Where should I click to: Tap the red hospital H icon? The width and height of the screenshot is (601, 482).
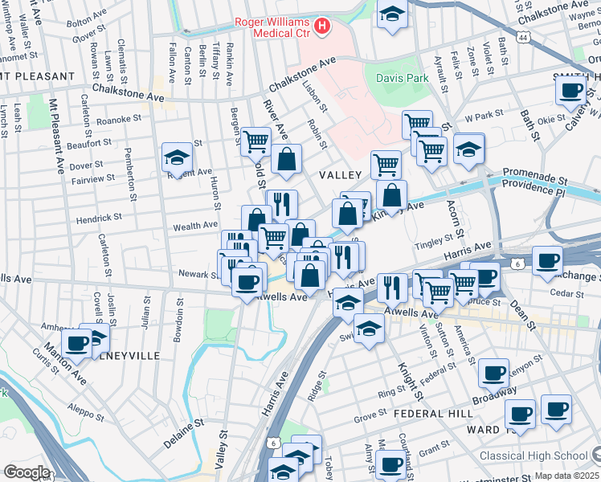click(x=322, y=27)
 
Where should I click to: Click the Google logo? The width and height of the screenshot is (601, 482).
click(x=26, y=472)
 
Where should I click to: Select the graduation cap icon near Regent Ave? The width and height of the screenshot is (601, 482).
click(x=177, y=157)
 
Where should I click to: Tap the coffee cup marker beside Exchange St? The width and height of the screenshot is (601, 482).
click(x=548, y=260)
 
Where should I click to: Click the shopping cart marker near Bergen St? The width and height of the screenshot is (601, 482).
click(x=256, y=141)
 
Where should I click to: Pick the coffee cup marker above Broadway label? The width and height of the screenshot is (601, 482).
click(x=493, y=373)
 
